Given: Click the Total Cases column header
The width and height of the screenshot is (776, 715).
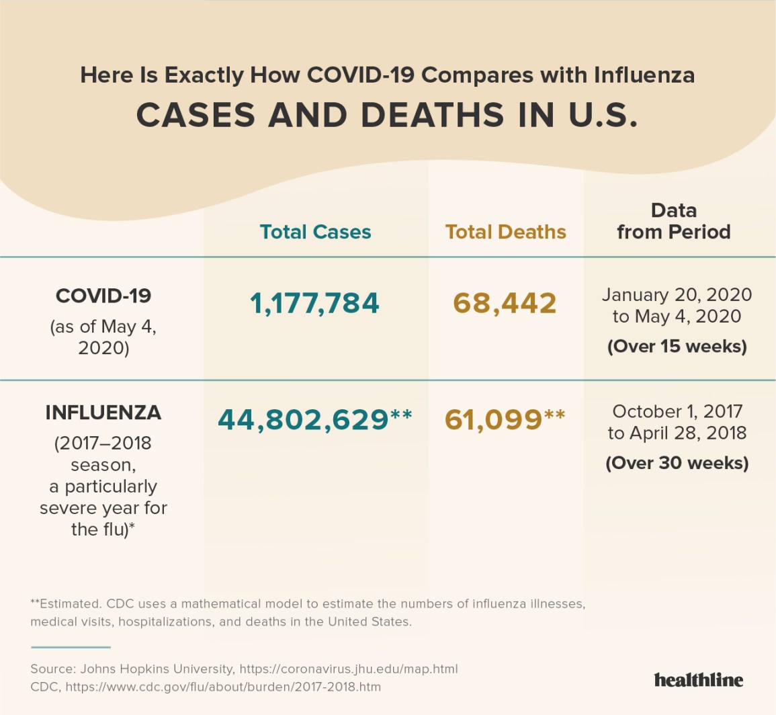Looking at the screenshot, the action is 315,232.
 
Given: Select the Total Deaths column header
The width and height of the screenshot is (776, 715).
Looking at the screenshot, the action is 505,232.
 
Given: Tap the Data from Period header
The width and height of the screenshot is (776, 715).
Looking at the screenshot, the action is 674,221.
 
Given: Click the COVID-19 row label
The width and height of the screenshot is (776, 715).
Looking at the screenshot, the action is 103,296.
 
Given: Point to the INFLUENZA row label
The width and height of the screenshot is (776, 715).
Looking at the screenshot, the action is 103,413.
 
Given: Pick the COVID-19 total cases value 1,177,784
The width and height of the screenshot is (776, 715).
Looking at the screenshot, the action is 314,303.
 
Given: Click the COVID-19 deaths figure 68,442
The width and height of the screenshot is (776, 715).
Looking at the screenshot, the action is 505,303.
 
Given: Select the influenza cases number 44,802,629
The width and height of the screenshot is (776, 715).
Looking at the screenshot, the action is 303,419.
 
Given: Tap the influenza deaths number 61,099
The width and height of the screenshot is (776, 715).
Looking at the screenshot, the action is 493,419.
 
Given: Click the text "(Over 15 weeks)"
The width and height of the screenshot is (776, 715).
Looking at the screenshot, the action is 677,346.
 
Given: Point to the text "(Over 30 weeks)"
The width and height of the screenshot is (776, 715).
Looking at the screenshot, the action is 677,463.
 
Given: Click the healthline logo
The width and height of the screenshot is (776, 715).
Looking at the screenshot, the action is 698,680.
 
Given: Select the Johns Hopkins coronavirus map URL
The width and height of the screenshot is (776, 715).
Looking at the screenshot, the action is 349,669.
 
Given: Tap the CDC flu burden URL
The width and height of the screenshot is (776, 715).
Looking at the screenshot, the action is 223,687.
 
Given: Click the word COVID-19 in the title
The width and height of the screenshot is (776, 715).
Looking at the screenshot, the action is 360,75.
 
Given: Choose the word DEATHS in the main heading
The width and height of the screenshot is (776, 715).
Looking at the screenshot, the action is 433,115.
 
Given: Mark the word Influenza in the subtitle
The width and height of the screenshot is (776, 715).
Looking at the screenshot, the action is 644,75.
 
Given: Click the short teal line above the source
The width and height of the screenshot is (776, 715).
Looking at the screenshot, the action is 71,647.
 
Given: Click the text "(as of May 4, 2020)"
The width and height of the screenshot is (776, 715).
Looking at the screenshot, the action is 103,337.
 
